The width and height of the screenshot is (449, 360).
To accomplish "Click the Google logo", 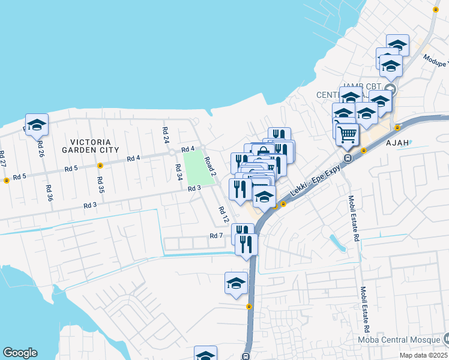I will [20, 353].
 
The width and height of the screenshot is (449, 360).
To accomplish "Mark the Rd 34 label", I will [178, 172].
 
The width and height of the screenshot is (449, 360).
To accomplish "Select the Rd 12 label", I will [223, 215].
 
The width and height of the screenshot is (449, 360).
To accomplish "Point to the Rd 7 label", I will [216, 236].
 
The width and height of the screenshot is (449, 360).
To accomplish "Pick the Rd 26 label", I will [41, 149].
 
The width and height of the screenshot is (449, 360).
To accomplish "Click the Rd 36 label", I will [49, 192].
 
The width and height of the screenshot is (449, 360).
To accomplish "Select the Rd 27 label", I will [3, 159].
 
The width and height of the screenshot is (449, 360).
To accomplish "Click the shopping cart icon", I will [346, 134].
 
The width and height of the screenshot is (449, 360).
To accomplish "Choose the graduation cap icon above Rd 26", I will [37, 124].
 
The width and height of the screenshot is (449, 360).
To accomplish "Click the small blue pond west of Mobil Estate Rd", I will [334, 242].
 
